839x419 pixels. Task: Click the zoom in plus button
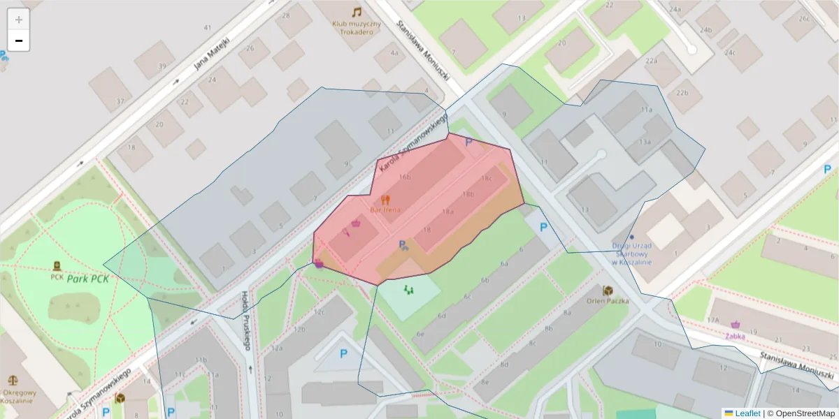(x=19, y=19)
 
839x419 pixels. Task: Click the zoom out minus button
(x=19, y=41)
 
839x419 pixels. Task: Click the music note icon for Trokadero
(x=357, y=12)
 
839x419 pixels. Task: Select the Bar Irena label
(x=385, y=209)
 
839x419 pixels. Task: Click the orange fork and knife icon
(x=385, y=198)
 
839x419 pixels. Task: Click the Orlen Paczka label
(x=608, y=301)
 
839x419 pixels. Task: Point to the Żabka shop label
(x=735, y=336)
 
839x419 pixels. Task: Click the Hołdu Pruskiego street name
(x=246, y=321)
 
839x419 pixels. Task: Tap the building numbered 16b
(x=404, y=177)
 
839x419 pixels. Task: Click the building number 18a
(x=447, y=211)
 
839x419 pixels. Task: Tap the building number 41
(x=207, y=27)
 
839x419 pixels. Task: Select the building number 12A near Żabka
(x=713, y=319)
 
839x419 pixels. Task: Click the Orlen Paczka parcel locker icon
(x=608, y=290)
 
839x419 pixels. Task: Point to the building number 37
(x=120, y=101)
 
